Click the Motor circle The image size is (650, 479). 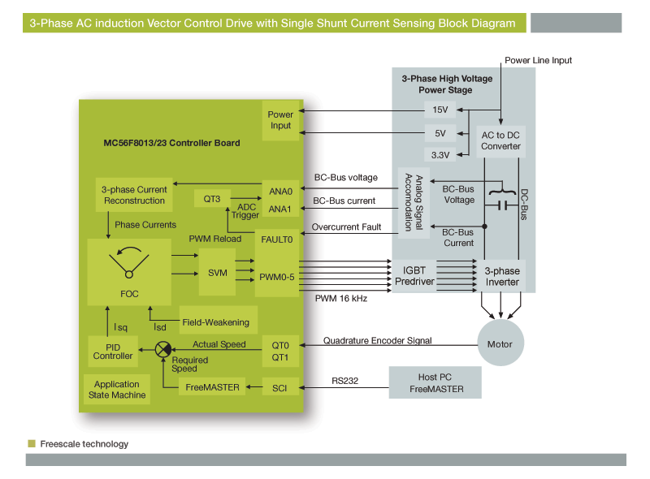[x=500, y=343]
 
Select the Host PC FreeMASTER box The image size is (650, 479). [x=435, y=382]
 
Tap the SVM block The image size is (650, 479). [x=218, y=273]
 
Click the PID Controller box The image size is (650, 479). [x=113, y=350]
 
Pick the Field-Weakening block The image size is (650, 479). [x=215, y=322]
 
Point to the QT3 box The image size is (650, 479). [x=213, y=197]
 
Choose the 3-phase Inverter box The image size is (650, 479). [x=501, y=276]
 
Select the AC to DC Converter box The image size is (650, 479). [x=500, y=140]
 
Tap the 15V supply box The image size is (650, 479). [x=440, y=110]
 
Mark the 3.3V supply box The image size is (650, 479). [x=440, y=155]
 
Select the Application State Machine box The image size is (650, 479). [x=117, y=390]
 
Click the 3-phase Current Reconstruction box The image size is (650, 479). [x=134, y=195]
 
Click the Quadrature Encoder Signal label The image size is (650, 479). [x=378, y=340]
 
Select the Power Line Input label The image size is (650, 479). [x=539, y=61]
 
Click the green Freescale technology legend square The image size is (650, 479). [x=32, y=443]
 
